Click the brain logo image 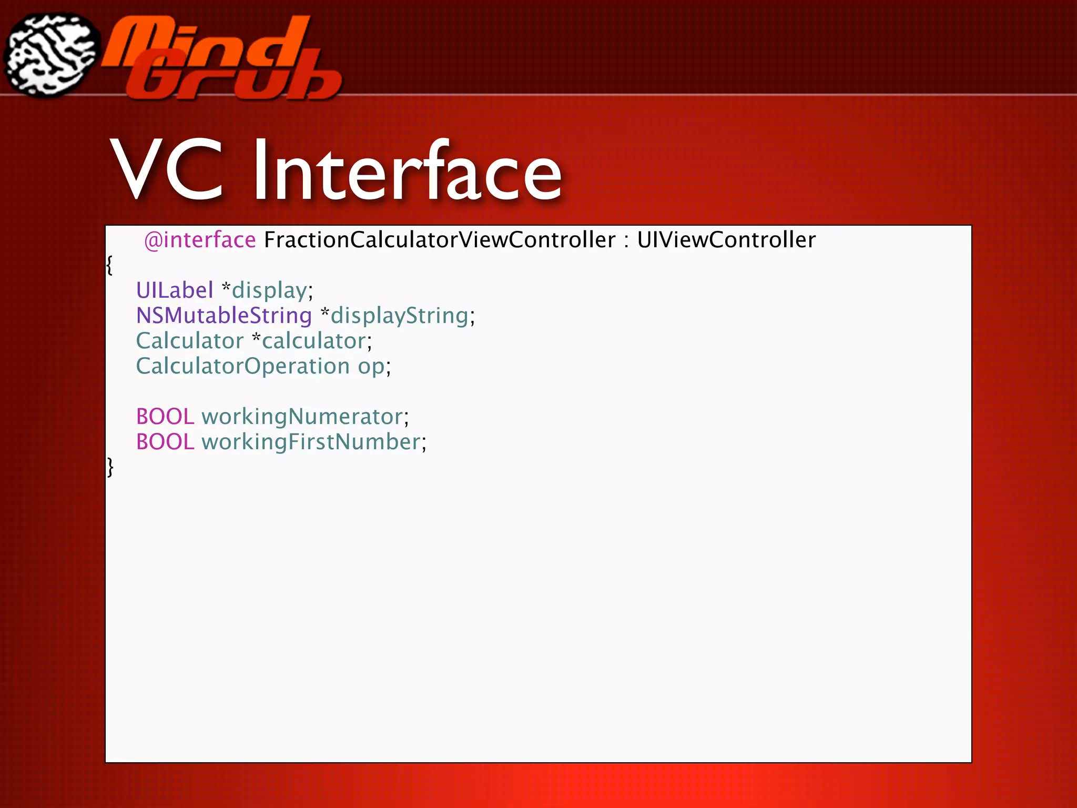pyautogui.click(x=51, y=55)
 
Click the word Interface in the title pyautogui.click(x=407, y=171)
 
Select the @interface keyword pyautogui.click(x=200, y=240)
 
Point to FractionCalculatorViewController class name pyautogui.click(x=440, y=240)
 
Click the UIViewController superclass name pyautogui.click(x=726, y=240)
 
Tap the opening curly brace pyautogui.click(x=109, y=265)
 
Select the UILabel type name pyautogui.click(x=175, y=290)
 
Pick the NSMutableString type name pyautogui.click(x=224, y=316)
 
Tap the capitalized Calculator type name pyautogui.click(x=190, y=341)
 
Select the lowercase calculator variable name pyautogui.click(x=314, y=341)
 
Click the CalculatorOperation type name pyautogui.click(x=243, y=366)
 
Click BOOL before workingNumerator pyautogui.click(x=165, y=417)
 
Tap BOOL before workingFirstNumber pyautogui.click(x=165, y=442)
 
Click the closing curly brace pyautogui.click(x=110, y=467)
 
